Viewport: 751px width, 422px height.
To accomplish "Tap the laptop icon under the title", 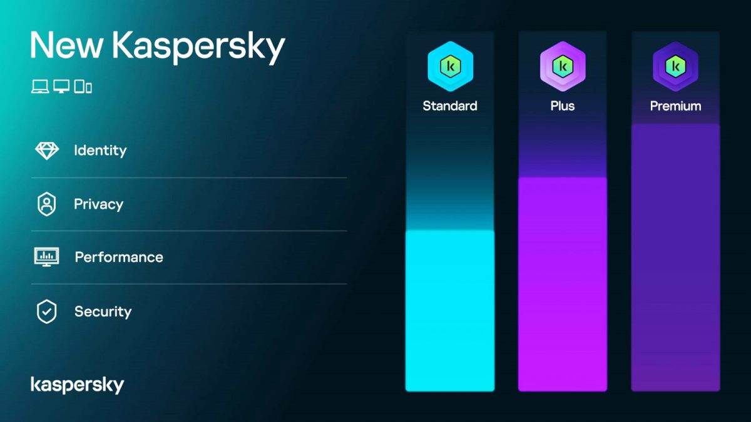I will coord(40,87).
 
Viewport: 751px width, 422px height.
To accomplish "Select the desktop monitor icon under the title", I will coord(61,87).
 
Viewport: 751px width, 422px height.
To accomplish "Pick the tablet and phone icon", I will coord(83,87).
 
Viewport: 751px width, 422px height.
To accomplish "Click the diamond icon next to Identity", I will coord(46,151).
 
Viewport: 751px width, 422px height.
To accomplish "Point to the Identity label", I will coord(100,151).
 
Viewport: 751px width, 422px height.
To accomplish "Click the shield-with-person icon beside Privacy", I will coord(46,204).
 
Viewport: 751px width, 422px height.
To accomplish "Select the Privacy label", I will coord(98,204).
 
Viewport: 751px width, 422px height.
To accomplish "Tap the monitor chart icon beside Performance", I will coord(46,257).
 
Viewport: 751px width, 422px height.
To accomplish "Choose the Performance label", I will coord(119,258).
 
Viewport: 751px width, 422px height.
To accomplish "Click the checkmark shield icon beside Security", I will coord(46,311).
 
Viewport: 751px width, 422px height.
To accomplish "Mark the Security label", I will coord(103,311).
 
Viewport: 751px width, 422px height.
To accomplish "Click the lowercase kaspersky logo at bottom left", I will coord(77,385).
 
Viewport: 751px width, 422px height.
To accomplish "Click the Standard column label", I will coord(450,106).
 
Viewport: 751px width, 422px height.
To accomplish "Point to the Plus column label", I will coord(563,106).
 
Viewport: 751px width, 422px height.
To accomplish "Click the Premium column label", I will coord(675,106).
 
